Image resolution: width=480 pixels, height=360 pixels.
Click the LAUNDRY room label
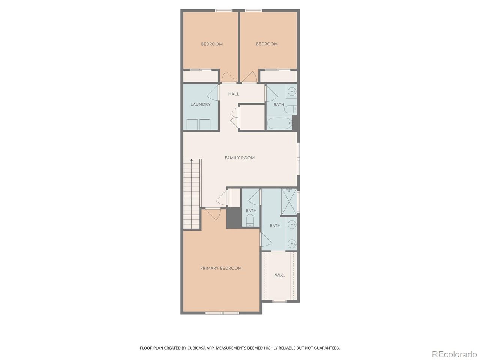[x=200, y=105]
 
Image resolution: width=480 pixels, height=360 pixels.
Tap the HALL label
[x=234, y=94]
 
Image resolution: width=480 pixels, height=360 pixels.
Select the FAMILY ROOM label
[x=240, y=158]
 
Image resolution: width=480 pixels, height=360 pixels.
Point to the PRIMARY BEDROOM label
[x=221, y=268]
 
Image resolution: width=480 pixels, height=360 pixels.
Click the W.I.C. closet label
[x=280, y=275]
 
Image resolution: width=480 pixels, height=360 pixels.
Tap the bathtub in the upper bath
[x=280, y=123]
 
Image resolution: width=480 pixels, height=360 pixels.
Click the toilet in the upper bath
[x=291, y=109]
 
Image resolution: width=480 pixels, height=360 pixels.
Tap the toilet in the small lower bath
[x=250, y=220]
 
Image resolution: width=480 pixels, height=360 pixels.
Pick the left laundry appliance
[x=192, y=124]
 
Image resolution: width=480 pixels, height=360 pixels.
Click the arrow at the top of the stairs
[x=192, y=160]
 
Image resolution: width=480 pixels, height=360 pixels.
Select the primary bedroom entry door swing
[x=214, y=214]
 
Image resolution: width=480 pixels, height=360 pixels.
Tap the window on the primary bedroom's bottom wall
[x=222, y=313]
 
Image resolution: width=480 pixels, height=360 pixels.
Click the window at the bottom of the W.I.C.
[x=279, y=301]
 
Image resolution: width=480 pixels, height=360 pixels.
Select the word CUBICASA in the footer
[x=196, y=348]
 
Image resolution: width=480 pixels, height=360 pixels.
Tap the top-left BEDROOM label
[x=212, y=44]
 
